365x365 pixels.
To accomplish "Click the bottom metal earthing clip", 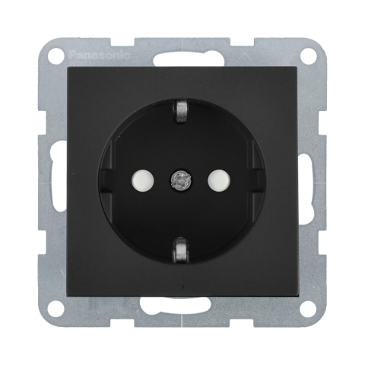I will (x=182, y=250).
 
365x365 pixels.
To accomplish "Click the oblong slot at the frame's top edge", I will (x=182, y=57).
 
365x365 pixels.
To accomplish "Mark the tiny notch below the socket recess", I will (x=182, y=287).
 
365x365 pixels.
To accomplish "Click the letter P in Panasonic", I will (x=72, y=55).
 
